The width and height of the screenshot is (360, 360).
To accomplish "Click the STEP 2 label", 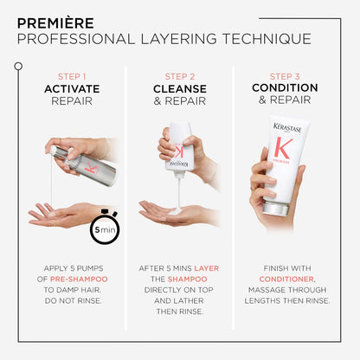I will pyautogui.click(x=180, y=75).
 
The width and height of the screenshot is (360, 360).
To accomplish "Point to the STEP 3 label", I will pyautogui.click(x=286, y=75).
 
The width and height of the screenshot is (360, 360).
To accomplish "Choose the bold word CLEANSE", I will pyautogui.click(x=180, y=88).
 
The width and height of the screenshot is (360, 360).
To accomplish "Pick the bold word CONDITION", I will pyautogui.click(x=286, y=88).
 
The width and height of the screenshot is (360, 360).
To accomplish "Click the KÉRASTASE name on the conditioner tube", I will pyautogui.click(x=288, y=128).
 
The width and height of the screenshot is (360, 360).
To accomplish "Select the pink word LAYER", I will pyautogui.click(x=206, y=268).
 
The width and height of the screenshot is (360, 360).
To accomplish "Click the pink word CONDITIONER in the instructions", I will pyautogui.click(x=285, y=280).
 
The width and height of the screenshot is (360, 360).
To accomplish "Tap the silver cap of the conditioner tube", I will pyautogui.click(x=277, y=208).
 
